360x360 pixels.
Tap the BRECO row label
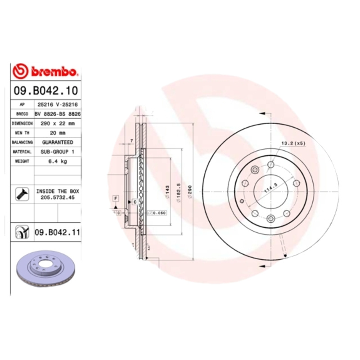tap(22, 114)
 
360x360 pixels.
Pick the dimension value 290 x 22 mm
tap(57, 123)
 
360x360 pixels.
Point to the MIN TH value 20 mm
tap(57, 133)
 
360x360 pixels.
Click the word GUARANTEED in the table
tap(57, 142)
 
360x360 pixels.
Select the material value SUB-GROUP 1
tap(57, 152)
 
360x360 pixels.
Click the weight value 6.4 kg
tap(57, 161)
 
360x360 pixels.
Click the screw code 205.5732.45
tap(57, 197)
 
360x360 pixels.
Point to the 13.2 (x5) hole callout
tap(293, 143)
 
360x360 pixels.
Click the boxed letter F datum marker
tap(116, 198)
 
